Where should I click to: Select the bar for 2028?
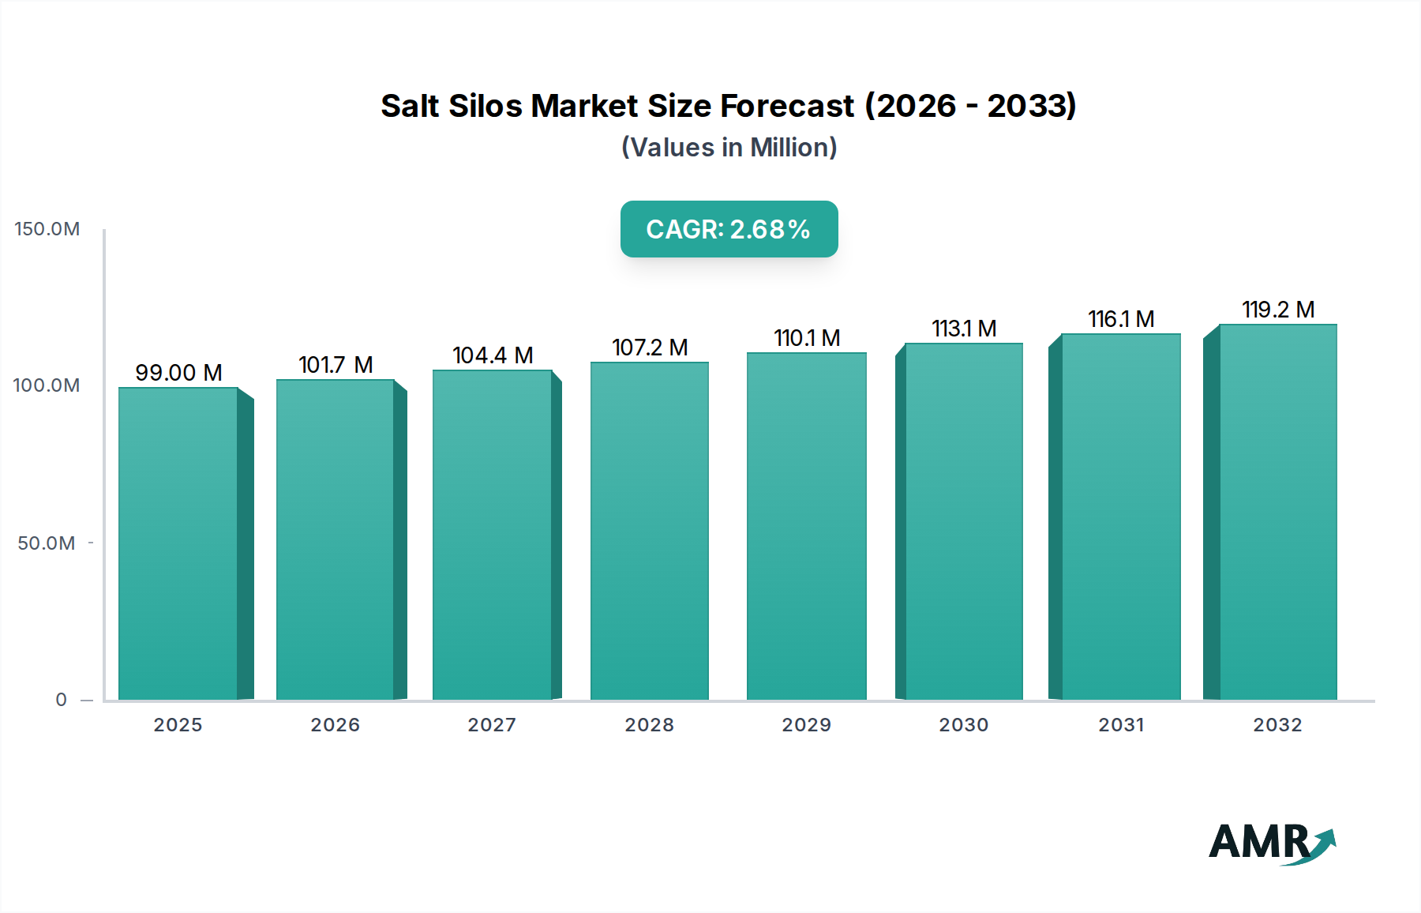pyautogui.click(x=649, y=531)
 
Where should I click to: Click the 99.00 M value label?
pyautogui.click(x=178, y=372)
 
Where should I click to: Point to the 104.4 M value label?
pyautogui.click(x=493, y=355)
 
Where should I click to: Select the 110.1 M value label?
pyautogui.click(x=807, y=338)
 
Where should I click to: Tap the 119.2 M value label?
pyautogui.click(x=1277, y=310)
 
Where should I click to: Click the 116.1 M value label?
pyautogui.click(x=1121, y=319)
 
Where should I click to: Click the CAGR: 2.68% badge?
pyautogui.click(x=729, y=229)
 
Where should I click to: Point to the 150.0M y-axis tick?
pyautogui.click(x=47, y=229)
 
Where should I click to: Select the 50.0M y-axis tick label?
pyautogui.click(x=47, y=543)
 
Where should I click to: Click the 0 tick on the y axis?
pyautogui.click(x=62, y=700)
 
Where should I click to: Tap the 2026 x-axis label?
pyautogui.click(x=335, y=725)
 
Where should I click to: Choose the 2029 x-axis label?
pyautogui.click(x=807, y=725)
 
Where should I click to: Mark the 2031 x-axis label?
pyautogui.click(x=1121, y=725)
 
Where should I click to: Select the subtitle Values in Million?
pyautogui.click(x=729, y=148)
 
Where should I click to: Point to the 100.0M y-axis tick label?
pyautogui.click(x=47, y=385)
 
